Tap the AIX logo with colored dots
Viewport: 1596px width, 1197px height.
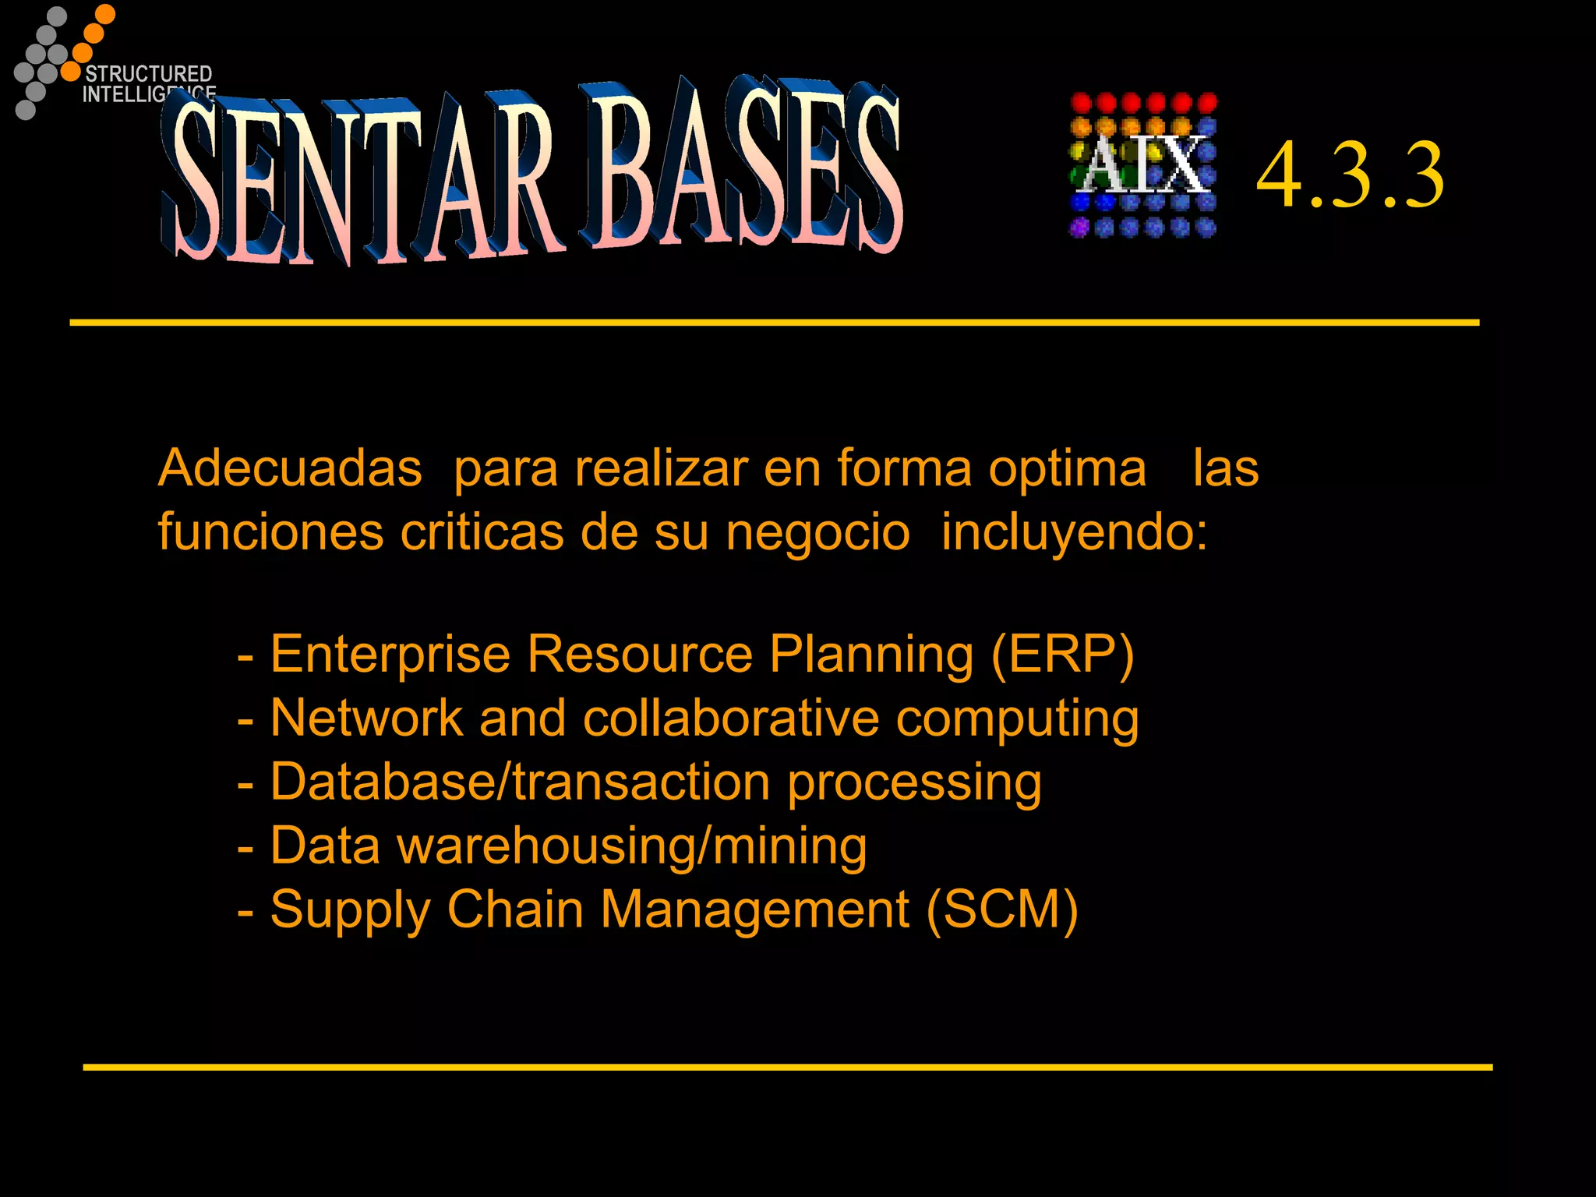[x=1142, y=165]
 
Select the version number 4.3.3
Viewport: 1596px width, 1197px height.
[x=1350, y=176]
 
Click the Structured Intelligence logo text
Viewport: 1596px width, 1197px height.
[x=148, y=83]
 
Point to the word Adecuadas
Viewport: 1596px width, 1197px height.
[x=290, y=468]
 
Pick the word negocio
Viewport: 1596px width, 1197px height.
[x=817, y=532]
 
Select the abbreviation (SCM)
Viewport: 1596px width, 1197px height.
[x=1002, y=909]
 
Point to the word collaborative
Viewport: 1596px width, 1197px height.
[x=730, y=717]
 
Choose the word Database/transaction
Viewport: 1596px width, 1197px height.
[x=520, y=781]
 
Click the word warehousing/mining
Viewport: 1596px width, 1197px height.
[x=632, y=846]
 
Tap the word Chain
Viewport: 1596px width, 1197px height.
[x=515, y=909]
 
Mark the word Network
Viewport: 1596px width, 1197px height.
[x=366, y=717]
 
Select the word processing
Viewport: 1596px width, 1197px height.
[x=913, y=782]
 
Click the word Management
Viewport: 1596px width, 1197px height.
[x=754, y=909]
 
